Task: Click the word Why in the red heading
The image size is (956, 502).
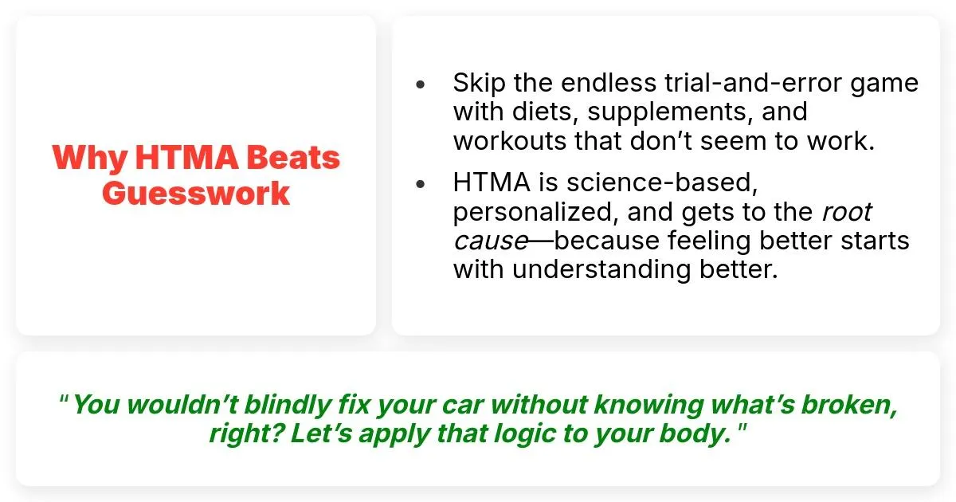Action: pos(89,159)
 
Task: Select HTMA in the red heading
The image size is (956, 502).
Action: pos(186,157)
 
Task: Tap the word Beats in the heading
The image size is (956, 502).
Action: pos(293,157)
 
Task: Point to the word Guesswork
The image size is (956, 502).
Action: pos(196,194)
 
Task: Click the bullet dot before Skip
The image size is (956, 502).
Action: pos(421,84)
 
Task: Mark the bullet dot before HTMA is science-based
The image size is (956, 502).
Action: pos(421,184)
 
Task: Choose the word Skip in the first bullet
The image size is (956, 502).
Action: pos(480,83)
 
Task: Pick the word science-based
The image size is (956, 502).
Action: pos(662,182)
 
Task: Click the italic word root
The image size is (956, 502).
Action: pos(847,212)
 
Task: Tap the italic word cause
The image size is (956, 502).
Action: pos(492,241)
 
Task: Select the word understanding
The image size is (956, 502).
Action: pos(601,271)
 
